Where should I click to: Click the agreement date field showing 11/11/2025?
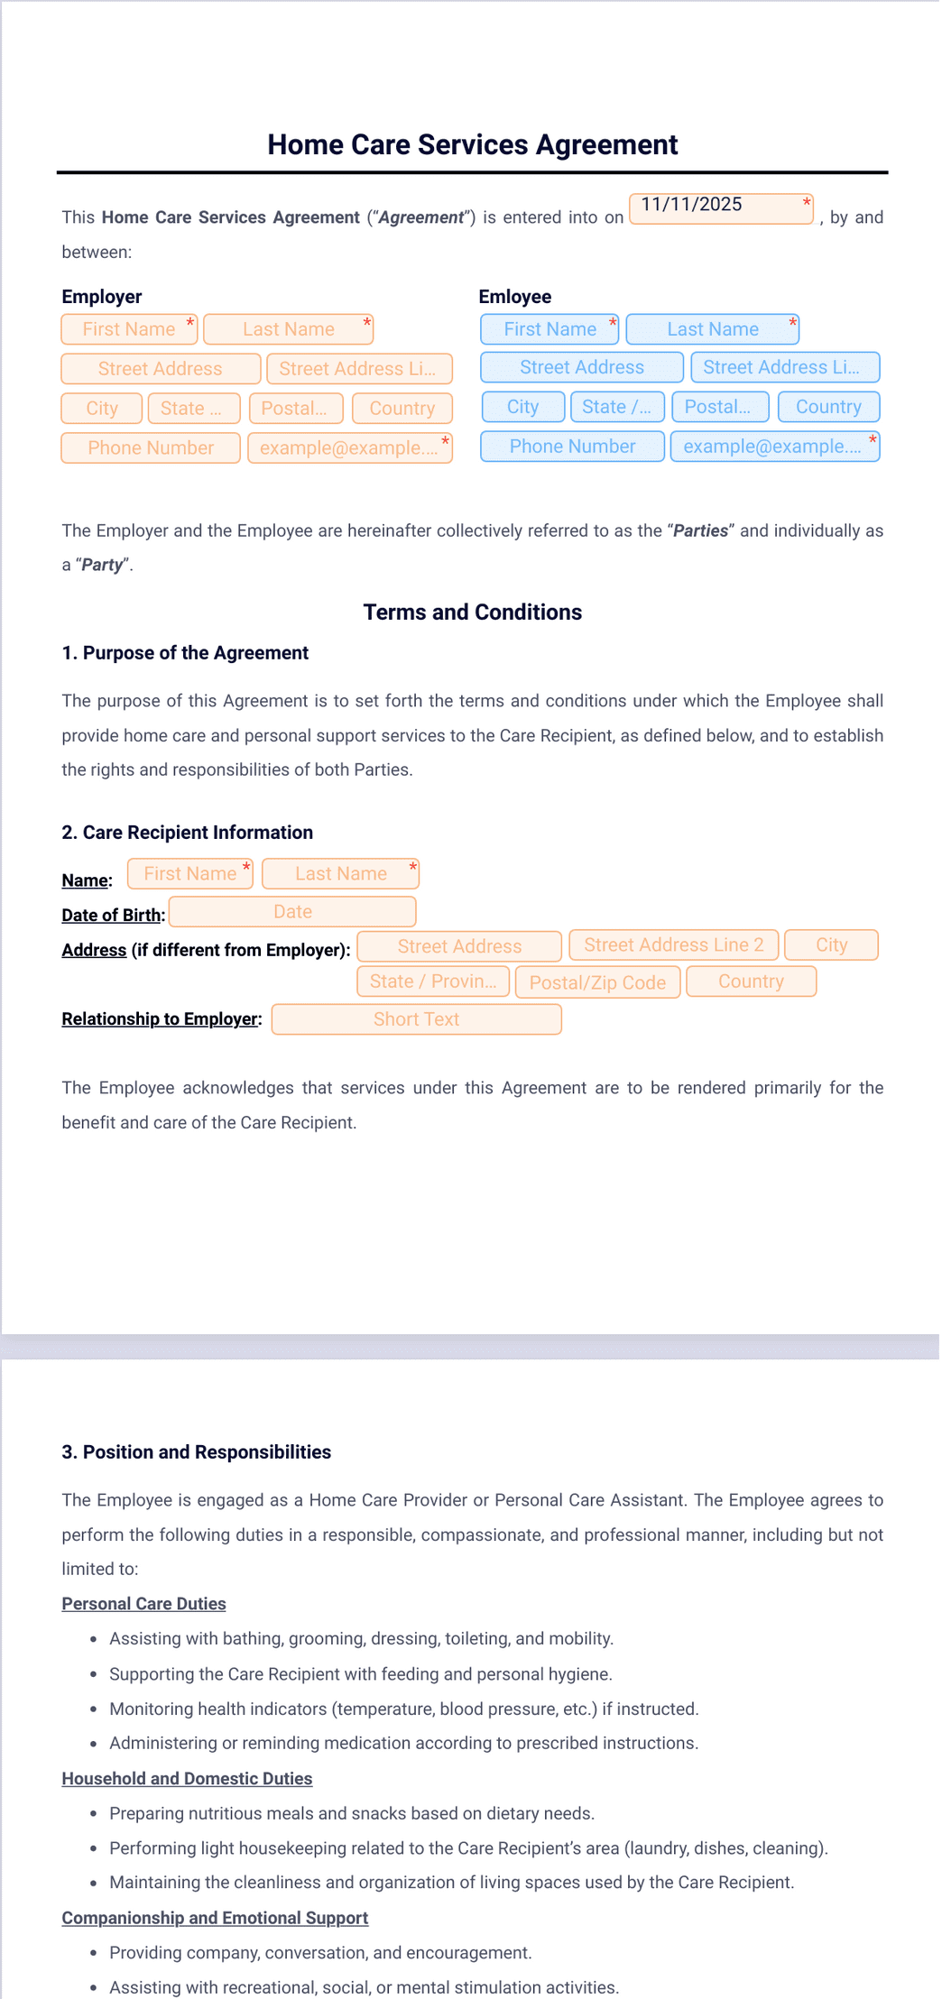720,208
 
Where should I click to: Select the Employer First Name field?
129,329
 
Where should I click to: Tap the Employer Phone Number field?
151,448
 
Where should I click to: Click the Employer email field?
349,448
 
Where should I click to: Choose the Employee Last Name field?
712,329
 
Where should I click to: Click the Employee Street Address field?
581,367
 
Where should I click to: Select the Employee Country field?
828,407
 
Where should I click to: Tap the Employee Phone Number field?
572,447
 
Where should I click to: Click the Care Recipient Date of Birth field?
292,912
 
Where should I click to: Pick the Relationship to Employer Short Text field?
416,1019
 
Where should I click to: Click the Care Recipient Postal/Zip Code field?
597,982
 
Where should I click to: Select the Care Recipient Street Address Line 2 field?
673,945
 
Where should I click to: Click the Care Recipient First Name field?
189,873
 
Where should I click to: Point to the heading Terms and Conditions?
472,613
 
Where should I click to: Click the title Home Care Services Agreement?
472,144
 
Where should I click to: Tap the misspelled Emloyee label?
514,297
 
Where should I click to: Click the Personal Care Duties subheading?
143,1604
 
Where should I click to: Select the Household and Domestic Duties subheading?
187,1779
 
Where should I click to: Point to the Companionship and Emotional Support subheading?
215,1918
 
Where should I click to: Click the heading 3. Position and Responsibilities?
196,1452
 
